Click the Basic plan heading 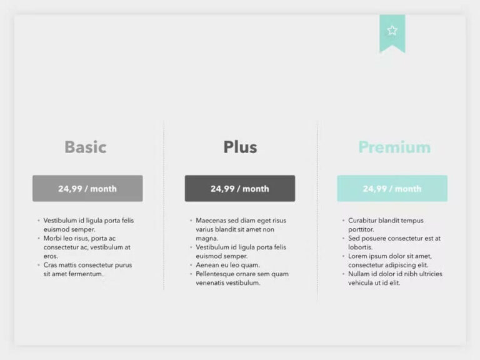tap(85, 147)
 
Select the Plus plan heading tap(240, 147)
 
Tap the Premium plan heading tap(394, 147)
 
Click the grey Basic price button tap(87, 188)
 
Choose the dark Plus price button tap(240, 188)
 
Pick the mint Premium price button tap(392, 188)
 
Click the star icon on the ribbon tap(392, 31)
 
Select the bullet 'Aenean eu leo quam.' tap(227, 265)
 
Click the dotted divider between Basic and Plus tap(164, 206)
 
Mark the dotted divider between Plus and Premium tap(317, 206)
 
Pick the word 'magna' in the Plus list tap(206, 238)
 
